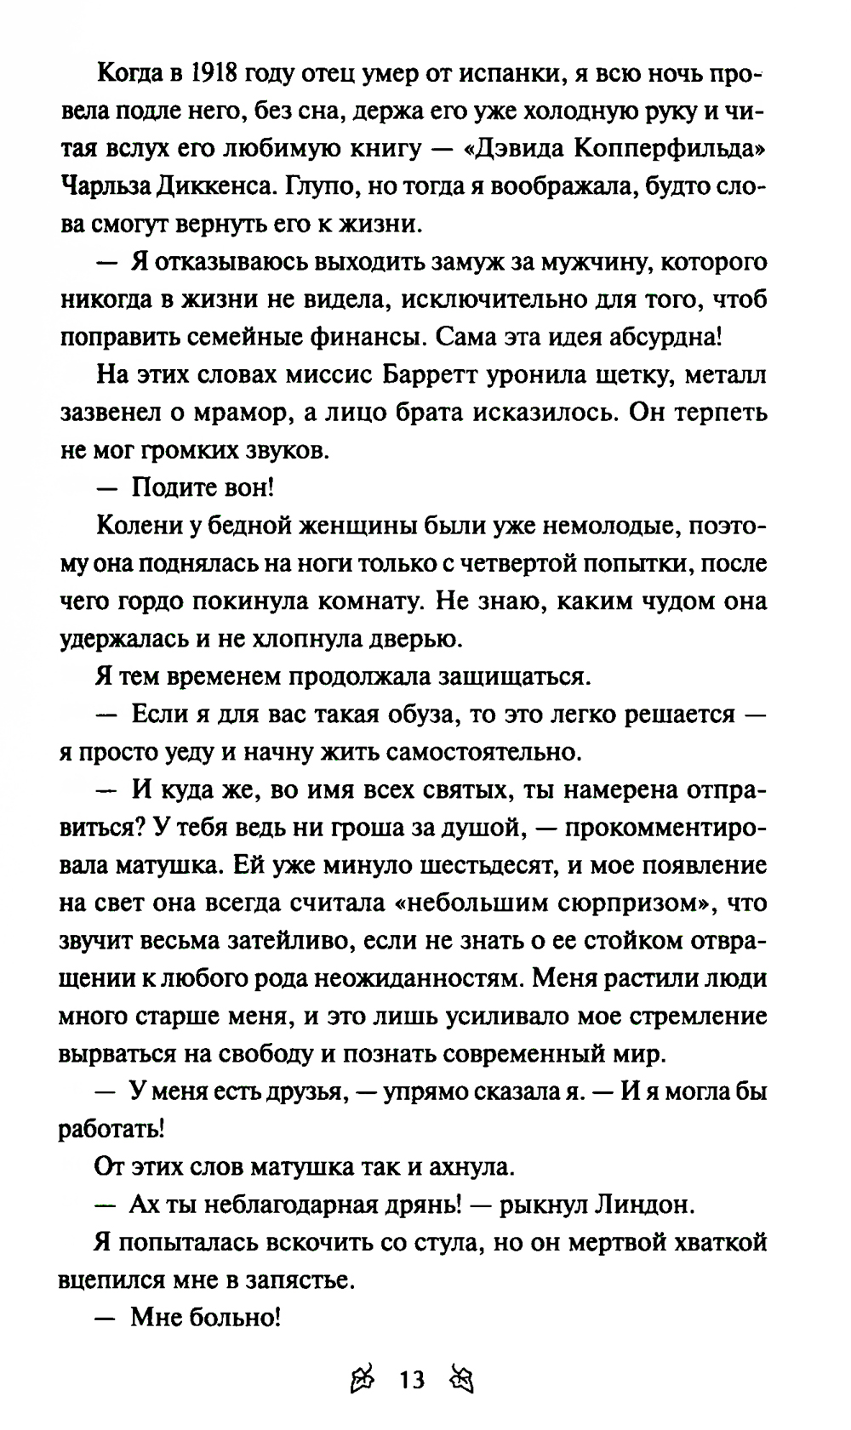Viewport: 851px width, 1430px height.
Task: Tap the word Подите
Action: [173, 487]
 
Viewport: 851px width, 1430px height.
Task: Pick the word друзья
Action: [294, 1092]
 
